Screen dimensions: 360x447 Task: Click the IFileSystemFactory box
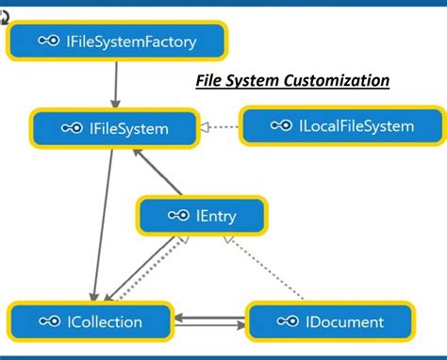[118, 40]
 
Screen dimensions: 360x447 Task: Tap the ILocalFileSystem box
[340, 125]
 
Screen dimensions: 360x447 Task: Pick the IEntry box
[201, 216]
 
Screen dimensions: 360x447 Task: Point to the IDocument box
[329, 322]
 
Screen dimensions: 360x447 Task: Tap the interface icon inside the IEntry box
[178, 216]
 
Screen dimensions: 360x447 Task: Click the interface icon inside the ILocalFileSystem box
[281, 125]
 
